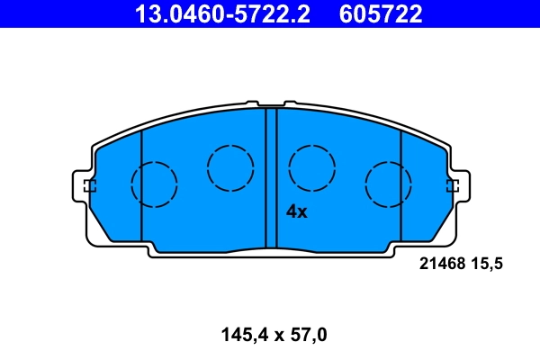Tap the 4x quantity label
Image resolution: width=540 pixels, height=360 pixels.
tap(296, 212)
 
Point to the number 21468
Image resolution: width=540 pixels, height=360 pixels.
tap(441, 264)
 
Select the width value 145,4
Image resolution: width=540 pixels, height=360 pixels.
tap(241, 336)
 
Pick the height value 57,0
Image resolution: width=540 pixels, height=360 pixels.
tap(307, 336)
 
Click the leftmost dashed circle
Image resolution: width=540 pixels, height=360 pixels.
tap(154, 184)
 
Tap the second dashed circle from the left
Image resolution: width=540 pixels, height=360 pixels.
tap(229, 166)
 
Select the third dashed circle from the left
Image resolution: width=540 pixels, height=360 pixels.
tap(312, 166)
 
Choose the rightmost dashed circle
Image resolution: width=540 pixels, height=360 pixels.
tap(388, 184)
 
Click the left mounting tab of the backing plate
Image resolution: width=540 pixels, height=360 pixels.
tap(83, 187)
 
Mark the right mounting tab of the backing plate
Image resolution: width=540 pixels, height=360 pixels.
tap(458, 187)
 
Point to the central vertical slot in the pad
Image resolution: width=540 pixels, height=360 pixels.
tap(271, 175)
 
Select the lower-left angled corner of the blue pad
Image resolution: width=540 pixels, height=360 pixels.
tap(103, 229)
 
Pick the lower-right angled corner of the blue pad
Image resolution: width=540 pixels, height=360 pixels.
tap(438, 229)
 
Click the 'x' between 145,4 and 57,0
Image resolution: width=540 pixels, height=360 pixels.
tap(279, 337)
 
